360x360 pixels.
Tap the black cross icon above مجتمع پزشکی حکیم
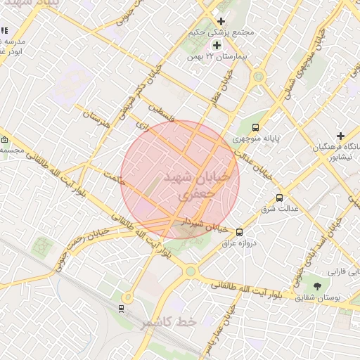(221, 22)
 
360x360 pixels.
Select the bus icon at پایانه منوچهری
(255, 128)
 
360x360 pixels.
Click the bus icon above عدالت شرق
(280, 198)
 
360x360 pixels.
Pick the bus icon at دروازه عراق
(240, 232)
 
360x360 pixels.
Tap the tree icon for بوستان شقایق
(317, 286)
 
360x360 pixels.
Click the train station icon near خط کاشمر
(122, 308)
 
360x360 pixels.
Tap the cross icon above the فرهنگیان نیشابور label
(341, 135)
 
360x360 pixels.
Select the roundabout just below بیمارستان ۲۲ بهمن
(258, 76)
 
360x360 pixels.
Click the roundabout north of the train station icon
(127, 297)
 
